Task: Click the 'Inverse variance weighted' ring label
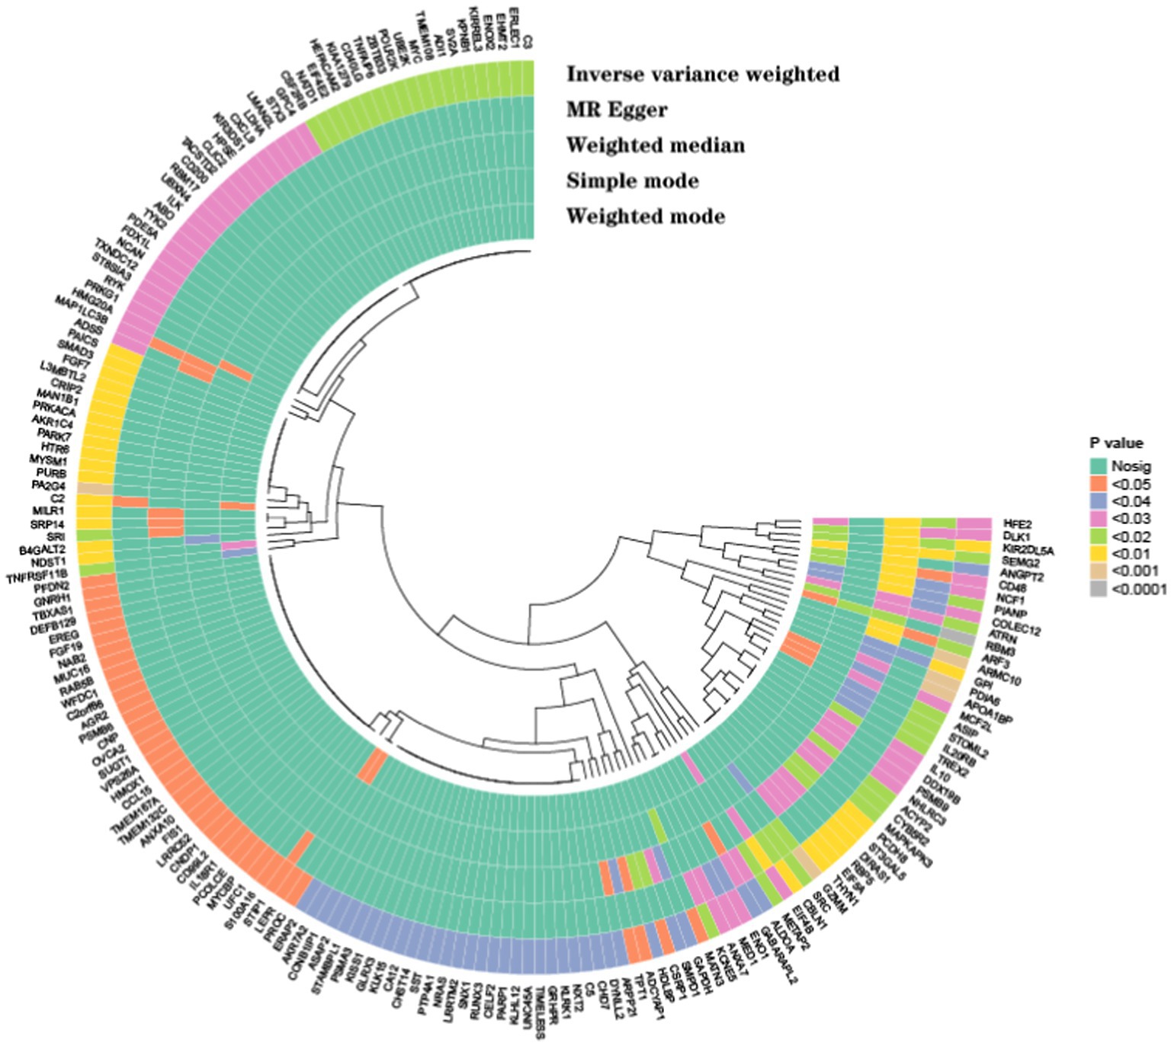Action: pos(702,74)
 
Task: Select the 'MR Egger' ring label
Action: pos(616,110)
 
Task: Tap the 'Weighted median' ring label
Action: pos(655,145)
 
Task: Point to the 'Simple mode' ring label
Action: pos(632,181)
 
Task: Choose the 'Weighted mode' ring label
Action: pos(645,216)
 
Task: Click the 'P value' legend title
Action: pos(1115,443)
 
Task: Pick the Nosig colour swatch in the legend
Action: pos(1097,466)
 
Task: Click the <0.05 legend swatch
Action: pos(1097,484)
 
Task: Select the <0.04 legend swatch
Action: pos(1097,501)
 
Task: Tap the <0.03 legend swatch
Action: pos(1097,519)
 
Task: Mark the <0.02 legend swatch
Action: pos(1097,536)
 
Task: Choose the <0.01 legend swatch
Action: pos(1097,554)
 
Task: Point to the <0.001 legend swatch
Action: pos(1097,571)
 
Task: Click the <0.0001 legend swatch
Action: pos(1097,589)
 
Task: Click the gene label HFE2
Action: pos(1017,524)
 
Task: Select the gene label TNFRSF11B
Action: pos(37,574)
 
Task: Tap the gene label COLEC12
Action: pos(1015,626)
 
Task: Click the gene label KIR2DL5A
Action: pos(1028,550)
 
